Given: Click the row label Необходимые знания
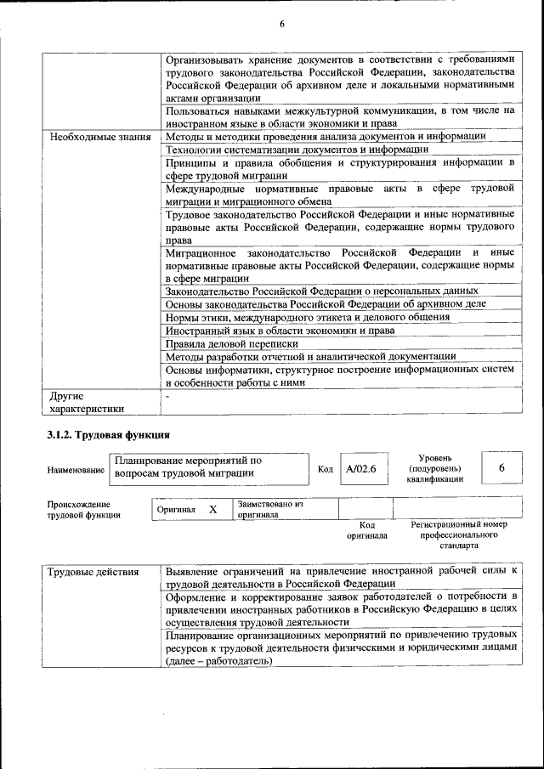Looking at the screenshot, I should tap(99, 137).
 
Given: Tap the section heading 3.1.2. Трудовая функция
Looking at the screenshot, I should tap(109, 436).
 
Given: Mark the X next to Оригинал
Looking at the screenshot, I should tap(213, 509).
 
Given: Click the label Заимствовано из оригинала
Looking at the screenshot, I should tap(270, 509).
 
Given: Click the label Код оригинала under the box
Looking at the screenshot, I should tap(366, 530).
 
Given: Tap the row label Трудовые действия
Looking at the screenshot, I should tap(93, 572).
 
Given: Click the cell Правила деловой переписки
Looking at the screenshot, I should tap(232, 344).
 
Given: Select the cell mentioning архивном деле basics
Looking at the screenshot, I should tap(326, 303).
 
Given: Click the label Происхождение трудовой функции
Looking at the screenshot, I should tap(83, 509).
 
